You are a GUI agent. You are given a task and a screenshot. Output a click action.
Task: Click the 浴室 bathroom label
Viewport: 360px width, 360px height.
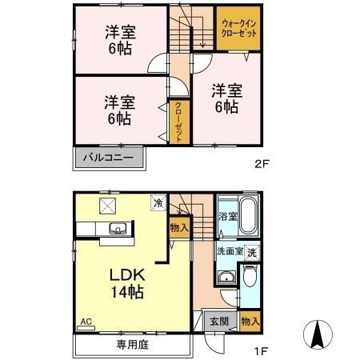(226, 217)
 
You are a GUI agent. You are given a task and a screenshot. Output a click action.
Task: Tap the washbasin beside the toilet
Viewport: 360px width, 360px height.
(225, 278)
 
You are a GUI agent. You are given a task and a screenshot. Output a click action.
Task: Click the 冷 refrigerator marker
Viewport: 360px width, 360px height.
(158, 203)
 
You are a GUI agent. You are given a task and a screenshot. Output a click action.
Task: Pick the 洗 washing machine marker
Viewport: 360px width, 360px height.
(252, 252)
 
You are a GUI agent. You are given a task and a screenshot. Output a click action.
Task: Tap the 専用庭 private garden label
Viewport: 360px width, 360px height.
(132, 346)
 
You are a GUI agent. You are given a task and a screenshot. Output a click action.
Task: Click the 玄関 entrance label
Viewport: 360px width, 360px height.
(218, 322)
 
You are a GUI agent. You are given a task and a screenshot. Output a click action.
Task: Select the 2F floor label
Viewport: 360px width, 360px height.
(260, 166)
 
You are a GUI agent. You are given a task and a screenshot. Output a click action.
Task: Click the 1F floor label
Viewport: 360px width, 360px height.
(260, 350)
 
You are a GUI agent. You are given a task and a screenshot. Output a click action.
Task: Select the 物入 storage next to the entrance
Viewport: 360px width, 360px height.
(250, 321)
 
